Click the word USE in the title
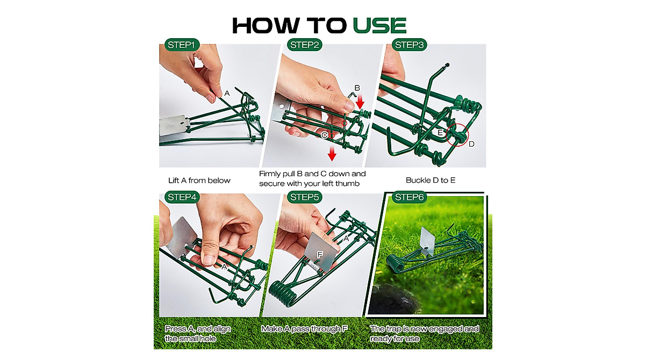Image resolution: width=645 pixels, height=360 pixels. (379, 25)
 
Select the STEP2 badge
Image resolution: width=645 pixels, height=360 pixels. (304, 45)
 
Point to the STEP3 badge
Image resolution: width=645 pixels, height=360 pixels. (410, 45)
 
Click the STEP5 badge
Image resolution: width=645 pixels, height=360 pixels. (304, 197)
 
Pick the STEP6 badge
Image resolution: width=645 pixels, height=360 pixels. (410, 197)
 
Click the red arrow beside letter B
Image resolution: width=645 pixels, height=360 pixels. (360, 100)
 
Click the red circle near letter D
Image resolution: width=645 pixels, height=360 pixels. (457, 137)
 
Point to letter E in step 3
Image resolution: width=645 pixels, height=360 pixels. (440, 132)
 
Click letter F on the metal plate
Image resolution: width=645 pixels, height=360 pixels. (320, 254)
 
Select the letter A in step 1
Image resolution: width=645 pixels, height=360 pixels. (227, 93)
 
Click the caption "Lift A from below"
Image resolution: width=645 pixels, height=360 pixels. (199, 181)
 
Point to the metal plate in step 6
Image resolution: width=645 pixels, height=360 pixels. (428, 241)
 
